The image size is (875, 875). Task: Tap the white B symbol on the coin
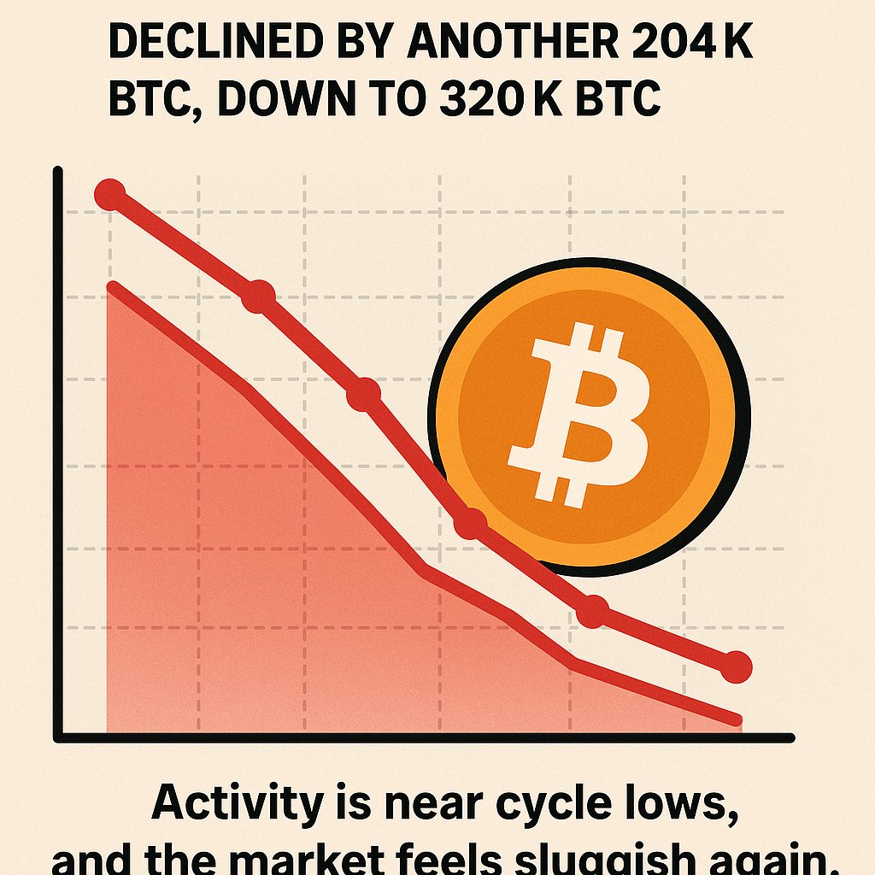click(x=581, y=414)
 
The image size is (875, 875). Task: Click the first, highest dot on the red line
click(x=109, y=195)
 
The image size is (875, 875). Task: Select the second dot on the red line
click(x=258, y=297)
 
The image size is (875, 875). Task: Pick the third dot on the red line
click(x=363, y=395)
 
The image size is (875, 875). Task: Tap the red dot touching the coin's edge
click(x=470, y=522)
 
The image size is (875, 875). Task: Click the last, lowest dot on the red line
click(x=736, y=666)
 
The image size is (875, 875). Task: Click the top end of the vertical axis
click(x=58, y=172)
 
